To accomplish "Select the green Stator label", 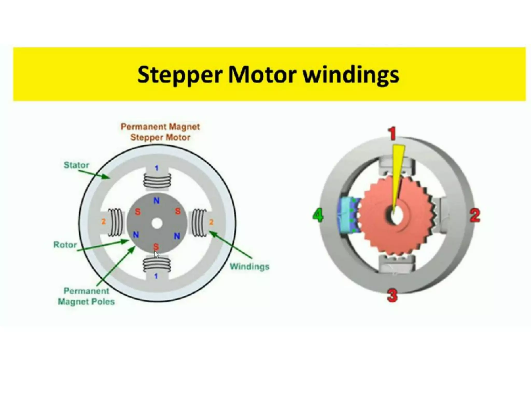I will tap(76, 165).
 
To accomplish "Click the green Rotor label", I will tap(65, 245).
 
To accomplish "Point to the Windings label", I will tap(249, 266).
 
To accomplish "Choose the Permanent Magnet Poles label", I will tap(86, 296).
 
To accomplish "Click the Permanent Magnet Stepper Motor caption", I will tap(160, 132).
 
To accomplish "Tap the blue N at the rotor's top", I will tap(156, 201).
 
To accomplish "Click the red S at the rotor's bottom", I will tap(156, 246).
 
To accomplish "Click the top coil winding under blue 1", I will tap(157, 180).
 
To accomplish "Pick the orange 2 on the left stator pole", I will tap(103, 221).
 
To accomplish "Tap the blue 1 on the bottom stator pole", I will tap(156, 276).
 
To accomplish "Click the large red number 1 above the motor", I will tap(393, 133).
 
